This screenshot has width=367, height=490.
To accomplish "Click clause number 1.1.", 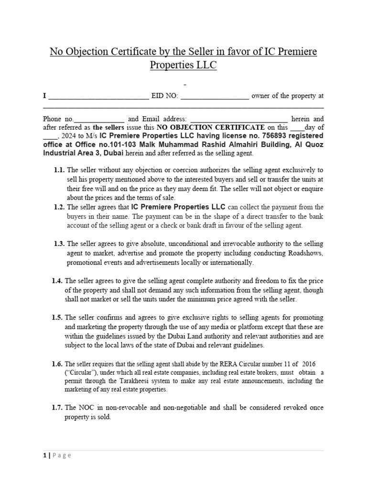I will [59, 170].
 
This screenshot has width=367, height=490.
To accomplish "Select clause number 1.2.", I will [59, 207].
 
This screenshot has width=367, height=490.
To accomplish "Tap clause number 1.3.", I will [59, 244].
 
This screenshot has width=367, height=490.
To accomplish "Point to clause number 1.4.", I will [57, 281].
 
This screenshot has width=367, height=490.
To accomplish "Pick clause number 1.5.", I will [57, 318].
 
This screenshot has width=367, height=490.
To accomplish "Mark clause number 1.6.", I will [57, 364].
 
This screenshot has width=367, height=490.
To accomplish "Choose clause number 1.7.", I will [57, 407].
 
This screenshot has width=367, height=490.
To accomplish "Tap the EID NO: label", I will [165, 96].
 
